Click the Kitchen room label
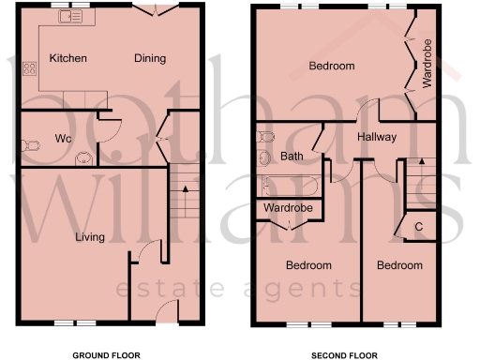click(67, 58)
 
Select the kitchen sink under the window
click(69, 17)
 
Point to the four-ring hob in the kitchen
click(29, 67)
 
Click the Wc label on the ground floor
click(63, 139)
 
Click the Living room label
click(90, 237)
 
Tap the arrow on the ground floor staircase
click(186, 188)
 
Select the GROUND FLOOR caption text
click(106, 355)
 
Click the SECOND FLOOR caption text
click(345, 355)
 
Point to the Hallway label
click(376, 138)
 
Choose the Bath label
click(291, 156)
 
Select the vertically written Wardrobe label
click(427, 63)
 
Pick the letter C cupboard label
click(418, 227)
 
